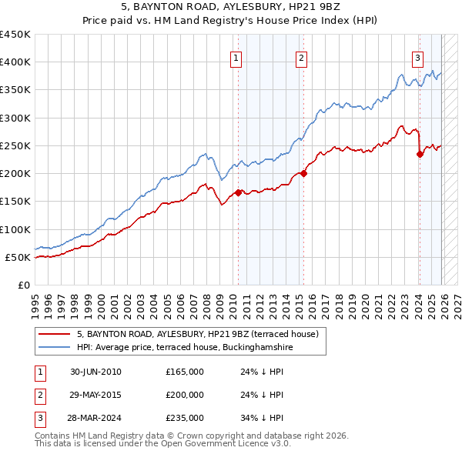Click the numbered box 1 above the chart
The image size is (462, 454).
pyautogui.click(x=236, y=56)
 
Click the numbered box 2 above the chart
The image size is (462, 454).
pyautogui.click(x=301, y=56)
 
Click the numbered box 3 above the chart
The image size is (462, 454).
pyautogui.click(x=417, y=56)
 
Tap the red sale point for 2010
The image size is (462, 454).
pyautogui.click(x=239, y=192)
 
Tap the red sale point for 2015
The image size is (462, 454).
pyautogui.click(x=304, y=173)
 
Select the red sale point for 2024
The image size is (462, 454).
pyautogui.click(x=420, y=154)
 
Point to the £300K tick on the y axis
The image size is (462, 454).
pyautogui.click(x=15, y=118)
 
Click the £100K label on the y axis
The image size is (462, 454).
pyautogui.click(x=15, y=229)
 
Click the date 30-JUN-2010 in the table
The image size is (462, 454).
pyautogui.click(x=95, y=372)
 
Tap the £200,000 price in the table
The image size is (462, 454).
pyautogui.click(x=185, y=395)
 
